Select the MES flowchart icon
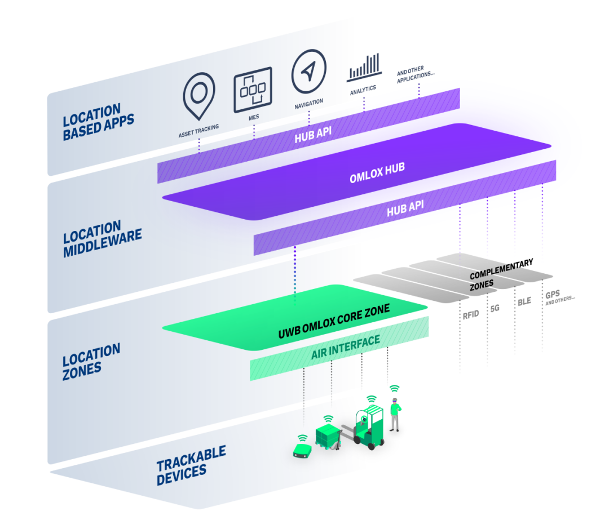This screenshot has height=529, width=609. click(x=253, y=90)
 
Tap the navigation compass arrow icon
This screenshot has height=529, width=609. click(x=309, y=71)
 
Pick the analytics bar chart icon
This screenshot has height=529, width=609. click(x=364, y=68)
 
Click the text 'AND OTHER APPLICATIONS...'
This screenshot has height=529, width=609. click(x=415, y=74)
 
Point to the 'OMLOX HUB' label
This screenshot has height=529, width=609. click(x=377, y=173)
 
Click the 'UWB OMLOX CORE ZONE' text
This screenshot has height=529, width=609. click(x=334, y=321)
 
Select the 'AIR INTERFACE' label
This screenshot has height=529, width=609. click(x=346, y=348)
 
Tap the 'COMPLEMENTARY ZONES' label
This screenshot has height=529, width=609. click(x=501, y=274)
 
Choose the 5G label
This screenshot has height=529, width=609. click(x=495, y=309)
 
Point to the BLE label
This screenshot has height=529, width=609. click(x=524, y=301)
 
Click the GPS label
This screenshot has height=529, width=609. click(x=553, y=295)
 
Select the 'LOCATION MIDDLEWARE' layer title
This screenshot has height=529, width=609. click(x=102, y=238)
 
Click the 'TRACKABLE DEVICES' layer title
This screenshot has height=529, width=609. click(x=191, y=465)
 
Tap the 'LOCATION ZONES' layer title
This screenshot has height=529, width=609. click(x=91, y=361)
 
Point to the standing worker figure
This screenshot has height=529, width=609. click(x=395, y=414)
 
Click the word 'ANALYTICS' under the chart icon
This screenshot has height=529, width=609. click(x=363, y=90)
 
